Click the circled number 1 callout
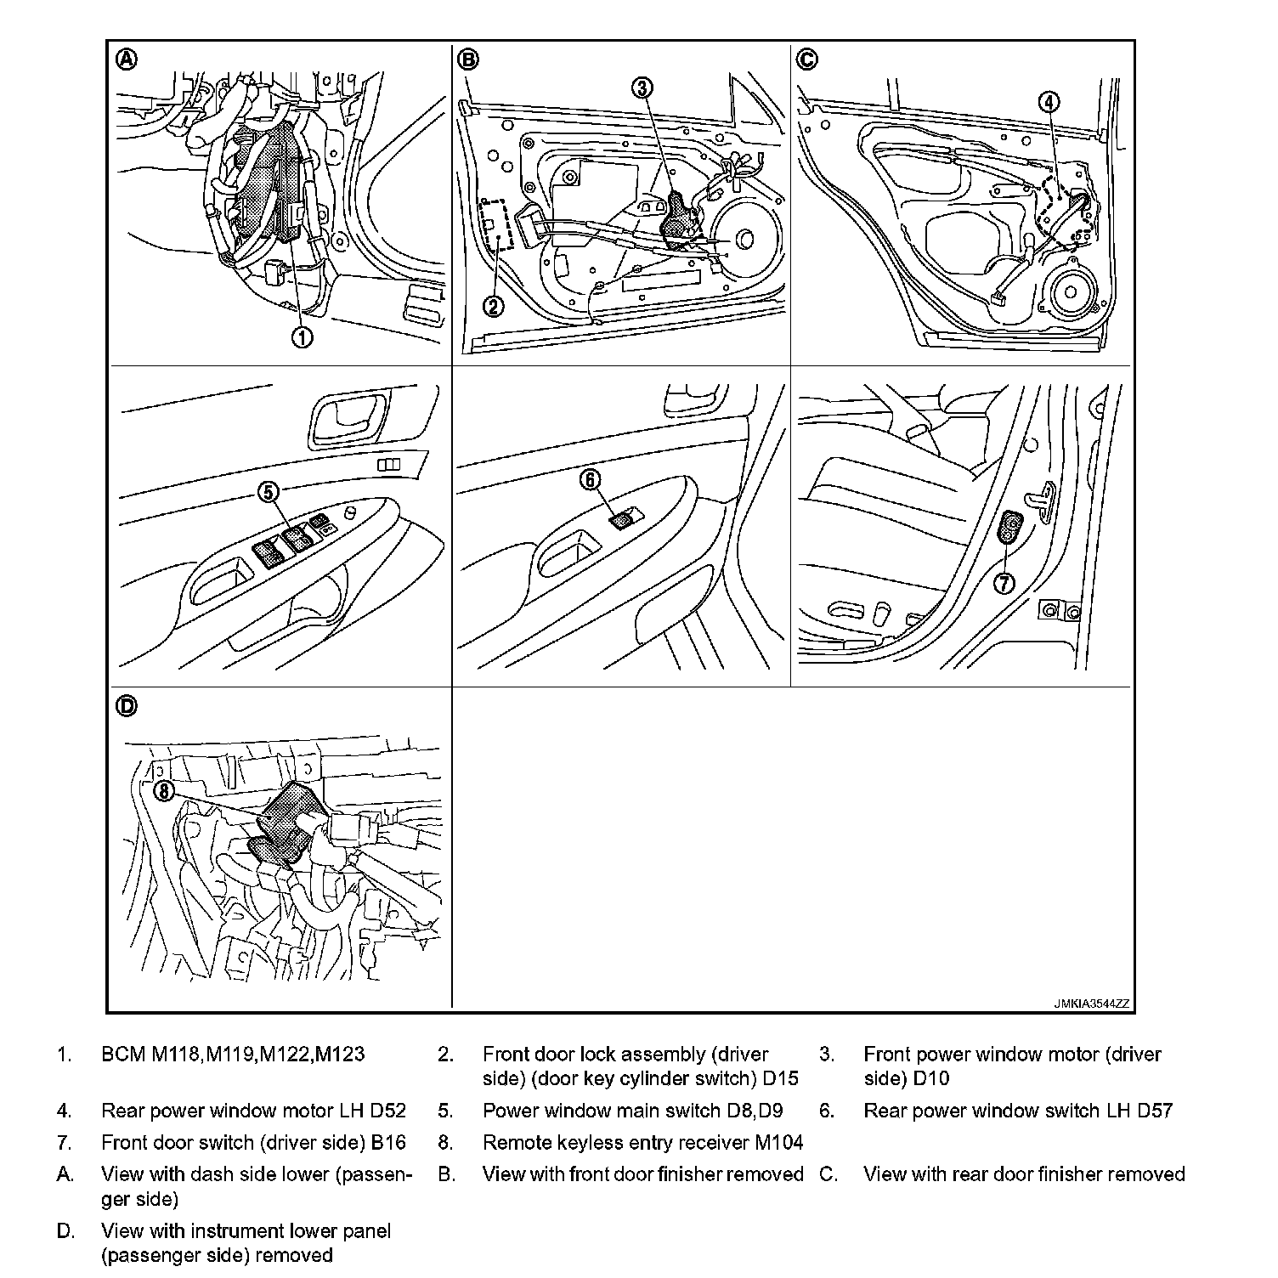(x=302, y=337)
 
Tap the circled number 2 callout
(x=494, y=306)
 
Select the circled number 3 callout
(x=643, y=87)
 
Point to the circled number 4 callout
(x=1049, y=102)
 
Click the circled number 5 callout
(x=269, y=491)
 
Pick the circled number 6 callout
(x=590, y=480)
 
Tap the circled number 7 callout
(x=1004, y=583)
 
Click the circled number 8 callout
(x=164, y=792)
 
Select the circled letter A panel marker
(x=127, y=59)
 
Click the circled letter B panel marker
(x=468, y=59)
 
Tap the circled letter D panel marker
(x=127, y=706)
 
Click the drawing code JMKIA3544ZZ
(x=1092, y=1004)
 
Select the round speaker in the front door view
(x=744, y=240)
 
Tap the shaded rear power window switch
(x=625, y=517)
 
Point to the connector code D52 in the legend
(x=387, y=1111)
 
